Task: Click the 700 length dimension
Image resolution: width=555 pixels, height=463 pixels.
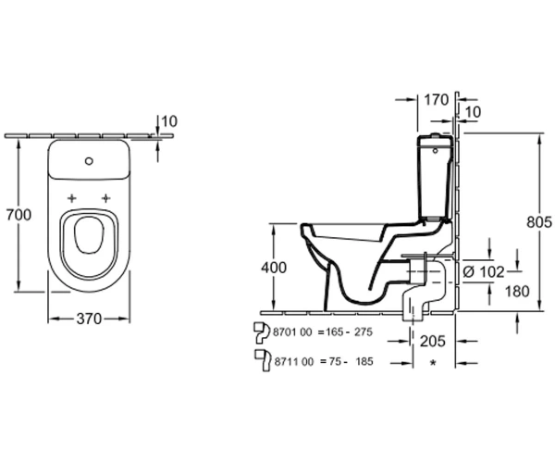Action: click(18, 215)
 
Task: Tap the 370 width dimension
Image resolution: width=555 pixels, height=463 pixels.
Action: click(89, 319)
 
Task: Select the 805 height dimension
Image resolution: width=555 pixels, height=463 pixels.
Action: click(539, 222)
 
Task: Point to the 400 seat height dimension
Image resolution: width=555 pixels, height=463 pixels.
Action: click(274, 268)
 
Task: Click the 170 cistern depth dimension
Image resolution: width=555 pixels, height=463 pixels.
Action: click(437, 100)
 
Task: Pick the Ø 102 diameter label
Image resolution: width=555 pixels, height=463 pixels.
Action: click(484, 272)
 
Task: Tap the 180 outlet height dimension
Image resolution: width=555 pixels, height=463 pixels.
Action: click(517, 291)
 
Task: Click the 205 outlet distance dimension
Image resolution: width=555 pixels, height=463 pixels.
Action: click(432, 341)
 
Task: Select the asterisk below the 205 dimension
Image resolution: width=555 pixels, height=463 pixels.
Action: click(433, 363)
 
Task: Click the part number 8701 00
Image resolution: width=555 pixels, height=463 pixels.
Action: click(292, 332)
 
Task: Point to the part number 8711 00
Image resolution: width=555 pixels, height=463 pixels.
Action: click(294, 362)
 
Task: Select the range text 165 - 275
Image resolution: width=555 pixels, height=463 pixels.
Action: click(349, 332)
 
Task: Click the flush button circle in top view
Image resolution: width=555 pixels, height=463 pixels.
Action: click(89, 161)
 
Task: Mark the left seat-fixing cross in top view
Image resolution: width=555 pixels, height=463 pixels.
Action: click(72, 198)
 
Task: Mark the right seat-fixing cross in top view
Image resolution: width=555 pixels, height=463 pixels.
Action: click(105, 198)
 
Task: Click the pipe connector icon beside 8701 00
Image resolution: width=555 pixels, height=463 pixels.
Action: click(262, 332)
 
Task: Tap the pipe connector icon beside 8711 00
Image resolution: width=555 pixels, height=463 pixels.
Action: click(263, 360)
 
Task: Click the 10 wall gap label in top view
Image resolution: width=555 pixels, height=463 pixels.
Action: click(169, 121)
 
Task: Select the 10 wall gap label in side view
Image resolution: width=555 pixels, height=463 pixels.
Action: click(473, 112)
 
